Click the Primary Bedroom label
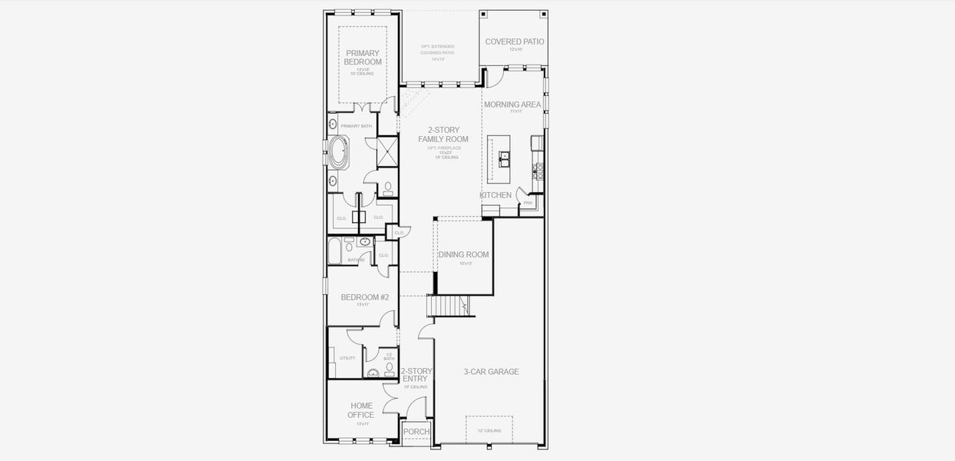[x=363, y=58]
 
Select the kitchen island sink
[x=504, y=158]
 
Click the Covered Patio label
[x=514, y=41]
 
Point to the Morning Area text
[x=512, y=104]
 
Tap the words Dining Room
[x=463, y=255]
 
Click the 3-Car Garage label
[x=491, y=372]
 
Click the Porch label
[x=416, y=432]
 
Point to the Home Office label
[x=361, y=410]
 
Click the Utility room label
[x=347, y=358]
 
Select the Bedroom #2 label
[x=365, y=297]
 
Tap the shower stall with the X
[x=387, y=151]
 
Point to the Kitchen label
[x=496, y=195]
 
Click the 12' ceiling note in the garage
[x=489, y=431]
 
